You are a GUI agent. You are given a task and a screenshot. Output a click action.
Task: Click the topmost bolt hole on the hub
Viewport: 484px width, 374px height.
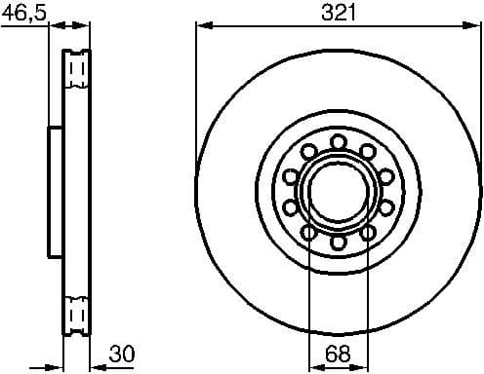point(338,141)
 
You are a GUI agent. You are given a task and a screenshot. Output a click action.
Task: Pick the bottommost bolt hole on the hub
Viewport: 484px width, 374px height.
point(338,242)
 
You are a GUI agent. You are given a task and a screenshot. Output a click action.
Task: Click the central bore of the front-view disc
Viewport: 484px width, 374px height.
point(338,191)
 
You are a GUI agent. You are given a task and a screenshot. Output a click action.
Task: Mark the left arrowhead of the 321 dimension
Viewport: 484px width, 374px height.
point(202,25)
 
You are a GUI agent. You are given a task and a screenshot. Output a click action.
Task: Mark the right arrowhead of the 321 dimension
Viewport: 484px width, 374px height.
point(475,25)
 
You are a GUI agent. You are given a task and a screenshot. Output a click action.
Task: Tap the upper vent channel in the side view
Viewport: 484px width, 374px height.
point(77,70)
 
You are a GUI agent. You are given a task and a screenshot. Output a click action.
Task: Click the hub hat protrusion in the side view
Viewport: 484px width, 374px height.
point(56,191)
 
